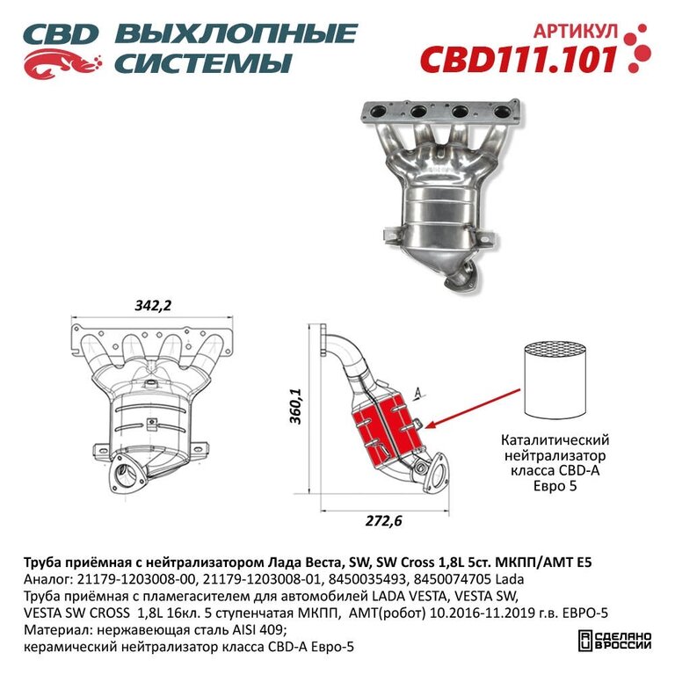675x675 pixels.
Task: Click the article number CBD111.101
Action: coord(519,60)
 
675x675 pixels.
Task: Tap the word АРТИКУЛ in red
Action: coord(576,31)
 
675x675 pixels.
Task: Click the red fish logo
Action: coord(62,63)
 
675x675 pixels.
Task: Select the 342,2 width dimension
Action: coord(153,305)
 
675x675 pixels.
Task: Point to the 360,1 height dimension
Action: coord(295,406)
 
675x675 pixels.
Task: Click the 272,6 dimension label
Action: coord(383,521)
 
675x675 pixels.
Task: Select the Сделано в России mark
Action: coord(614,641)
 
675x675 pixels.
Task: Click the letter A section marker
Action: coord(417,392)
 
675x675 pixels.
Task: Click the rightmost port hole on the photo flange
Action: coord(503,112)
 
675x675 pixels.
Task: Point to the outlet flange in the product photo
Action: coord(461,278)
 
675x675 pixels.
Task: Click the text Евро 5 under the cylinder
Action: coord(555,486)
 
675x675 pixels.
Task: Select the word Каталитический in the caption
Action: coord(555,440)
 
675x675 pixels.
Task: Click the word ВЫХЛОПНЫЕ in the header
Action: coord(236,33)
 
